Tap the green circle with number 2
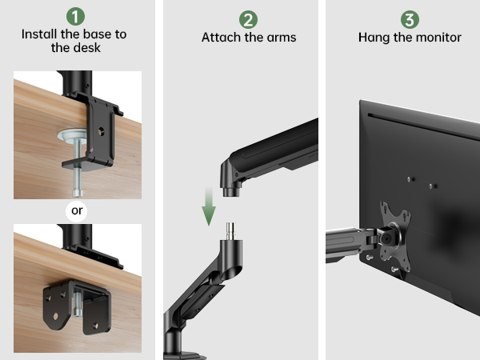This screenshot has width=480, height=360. (x=247, y=18)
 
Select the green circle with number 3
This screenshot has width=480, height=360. (x=410, y=18)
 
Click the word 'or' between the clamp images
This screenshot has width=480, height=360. (x=78, y=211)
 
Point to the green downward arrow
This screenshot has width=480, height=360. (x=209, y=210)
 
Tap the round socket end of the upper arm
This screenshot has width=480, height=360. (x=232, y=181)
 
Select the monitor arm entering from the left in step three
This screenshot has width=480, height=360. (x=347, y=242)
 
